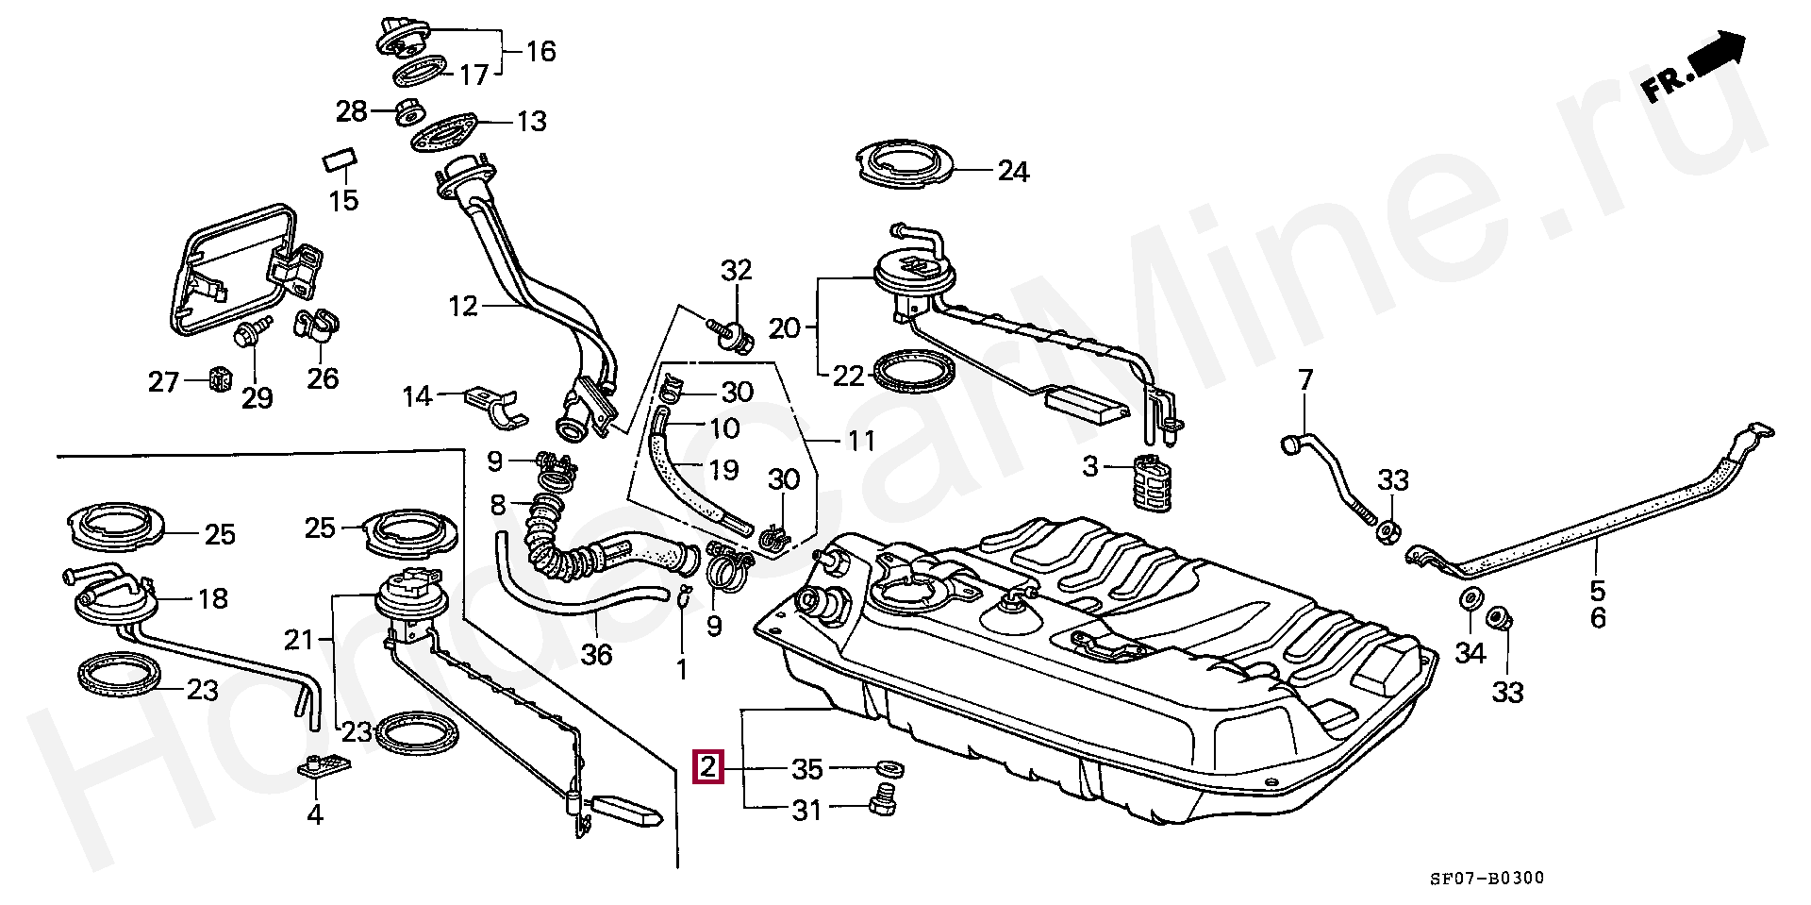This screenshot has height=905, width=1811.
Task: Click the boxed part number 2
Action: (x=707, y=768)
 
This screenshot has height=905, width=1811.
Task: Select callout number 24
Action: (x=1013, y=172)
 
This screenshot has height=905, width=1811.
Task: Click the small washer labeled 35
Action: (x=888, y=764)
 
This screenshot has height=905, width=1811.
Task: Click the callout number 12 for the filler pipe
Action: (x=463, y=307)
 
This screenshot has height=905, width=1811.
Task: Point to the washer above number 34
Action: (x=1470, y=600)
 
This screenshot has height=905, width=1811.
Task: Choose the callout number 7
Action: (x=1304, y=381)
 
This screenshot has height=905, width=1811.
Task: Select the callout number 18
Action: (x=213, y=599)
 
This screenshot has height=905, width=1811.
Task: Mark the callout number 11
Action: (x=860, y=441)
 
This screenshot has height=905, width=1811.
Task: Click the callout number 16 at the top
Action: (x=540, y=51)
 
